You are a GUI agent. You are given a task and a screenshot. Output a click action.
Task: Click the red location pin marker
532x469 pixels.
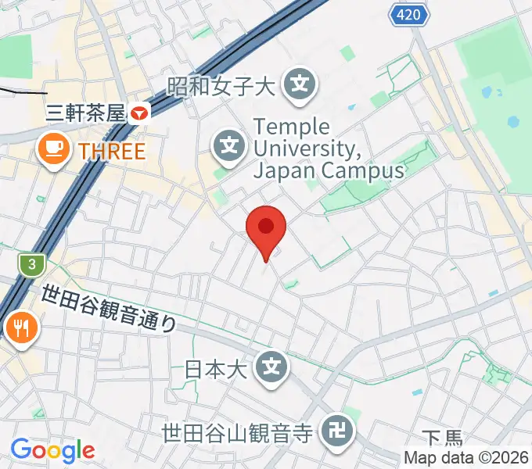click(266, 228)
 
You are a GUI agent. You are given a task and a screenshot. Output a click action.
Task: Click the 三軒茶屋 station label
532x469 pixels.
click(86, 113)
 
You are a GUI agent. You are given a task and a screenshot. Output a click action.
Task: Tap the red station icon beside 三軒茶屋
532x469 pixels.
click(139, 113)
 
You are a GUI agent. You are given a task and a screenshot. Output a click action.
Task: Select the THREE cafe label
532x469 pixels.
click(113, 149)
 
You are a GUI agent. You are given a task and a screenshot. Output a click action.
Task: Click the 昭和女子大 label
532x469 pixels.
click(221, 85)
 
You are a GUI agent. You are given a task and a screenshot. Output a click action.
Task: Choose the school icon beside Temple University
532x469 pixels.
click(228, 145)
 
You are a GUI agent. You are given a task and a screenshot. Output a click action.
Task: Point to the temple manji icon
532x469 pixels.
click(338, 430)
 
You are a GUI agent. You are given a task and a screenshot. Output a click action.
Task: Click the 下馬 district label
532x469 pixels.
click(443, 439)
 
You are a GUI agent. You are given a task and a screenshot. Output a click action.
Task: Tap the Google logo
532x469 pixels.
click(52, 450)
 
